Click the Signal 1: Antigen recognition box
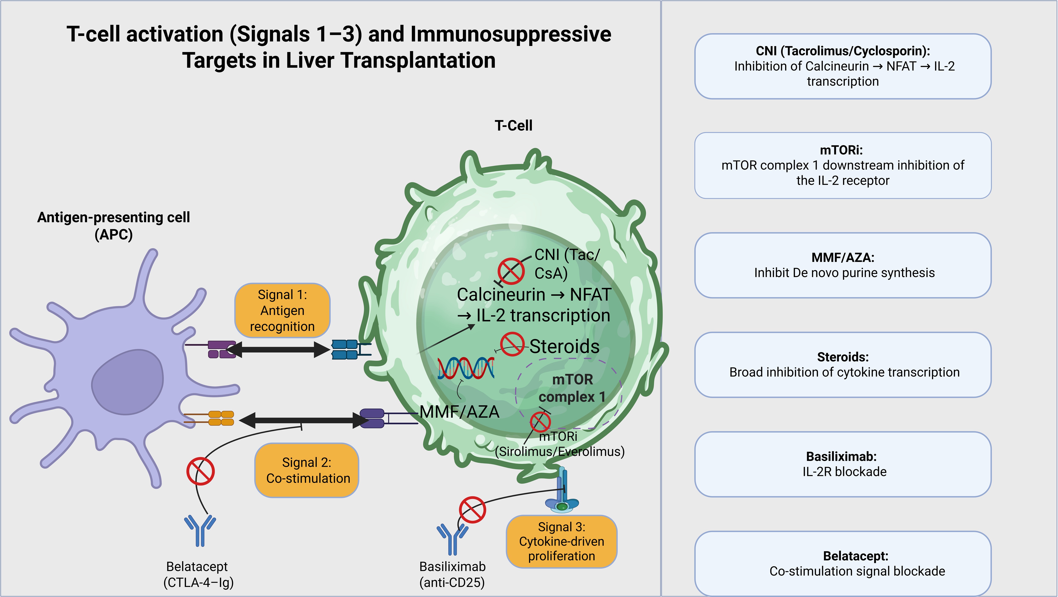tap(282, 310)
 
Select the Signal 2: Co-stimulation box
tap(307, 470)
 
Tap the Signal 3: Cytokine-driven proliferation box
tap(561, 541)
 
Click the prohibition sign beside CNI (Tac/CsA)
tap(511, 271)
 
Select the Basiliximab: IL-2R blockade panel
tap(843, 464)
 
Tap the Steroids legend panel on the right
tap(843, 365)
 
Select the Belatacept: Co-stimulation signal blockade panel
tap(843, 563)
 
